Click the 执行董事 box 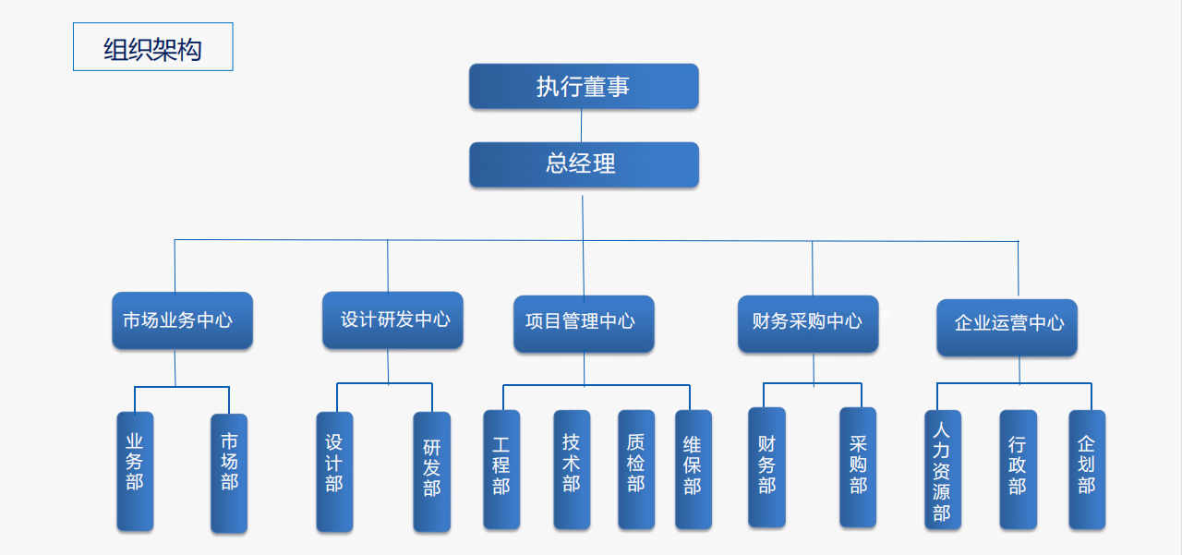pyautogui.click(x=584, y=87)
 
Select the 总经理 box pyautogui.click(x=584, y=164)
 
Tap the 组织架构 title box pyautogui.click(x=153, y=47)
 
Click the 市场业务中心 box pyautogui.click(x=182, y=320)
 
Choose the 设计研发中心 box pyautogui.click(x=392, y=320)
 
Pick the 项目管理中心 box pyautogui.click(x=584, y=323)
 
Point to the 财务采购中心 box pyautogui.click(x=808, y=322)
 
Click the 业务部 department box pyautogui.click(x=135, y=471)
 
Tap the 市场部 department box pyautogui.click(x=229, y=473)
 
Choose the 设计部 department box pyautogui.click(x=334, y=471)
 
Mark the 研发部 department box pyautogui.click(x=432, y=471)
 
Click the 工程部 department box pyautogui.click(x=501, y=469)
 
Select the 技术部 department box pyautogui.click(x=572, y=469)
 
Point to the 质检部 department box pyautogui.click(x=636, y=469)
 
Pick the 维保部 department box pyautogui.click(x=694, y=469)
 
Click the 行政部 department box pyautogui.click(x=1018, y=469)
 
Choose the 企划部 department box pyautogui.click(x=1087, y=469)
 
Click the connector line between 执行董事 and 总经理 pyautogui.click(x=582, y=126)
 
